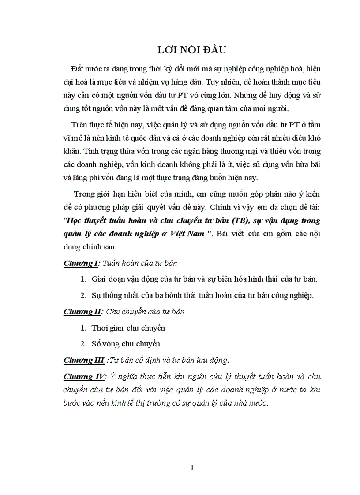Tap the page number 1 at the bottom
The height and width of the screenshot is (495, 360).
coord(192,468)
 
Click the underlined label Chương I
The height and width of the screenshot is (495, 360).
coord(80,263)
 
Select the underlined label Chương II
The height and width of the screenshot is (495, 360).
coord(82,312)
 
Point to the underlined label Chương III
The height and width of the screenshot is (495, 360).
coord(84,360)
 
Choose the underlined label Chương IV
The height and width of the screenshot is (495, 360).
coord(84,376)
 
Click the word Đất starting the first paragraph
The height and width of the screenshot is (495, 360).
coord(76,72)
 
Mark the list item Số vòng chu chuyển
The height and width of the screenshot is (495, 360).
coord(126,343)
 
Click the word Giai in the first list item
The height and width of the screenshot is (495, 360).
coord(99,279)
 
